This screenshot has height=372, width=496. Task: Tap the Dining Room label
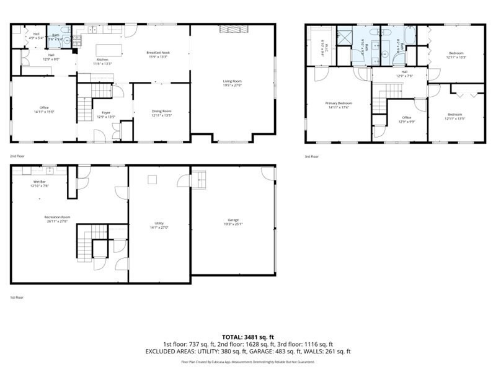pyautogui.click(x=161, y=112)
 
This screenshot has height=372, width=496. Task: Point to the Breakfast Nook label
pyautogui.click(x=157, y=53)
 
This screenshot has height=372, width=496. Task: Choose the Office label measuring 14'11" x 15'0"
pyautogui.click(x=44, y=109)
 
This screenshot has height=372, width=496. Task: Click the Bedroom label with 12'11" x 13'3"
pyautogui.click(x=456, y=54)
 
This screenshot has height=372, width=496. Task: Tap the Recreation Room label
pyautogui.click(x=56, y=218)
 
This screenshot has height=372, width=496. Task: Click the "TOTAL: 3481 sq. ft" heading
pyautogui.click(x=248, y=337)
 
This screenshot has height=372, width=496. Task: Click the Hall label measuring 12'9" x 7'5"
pyautogui.click(x=404, y=74)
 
